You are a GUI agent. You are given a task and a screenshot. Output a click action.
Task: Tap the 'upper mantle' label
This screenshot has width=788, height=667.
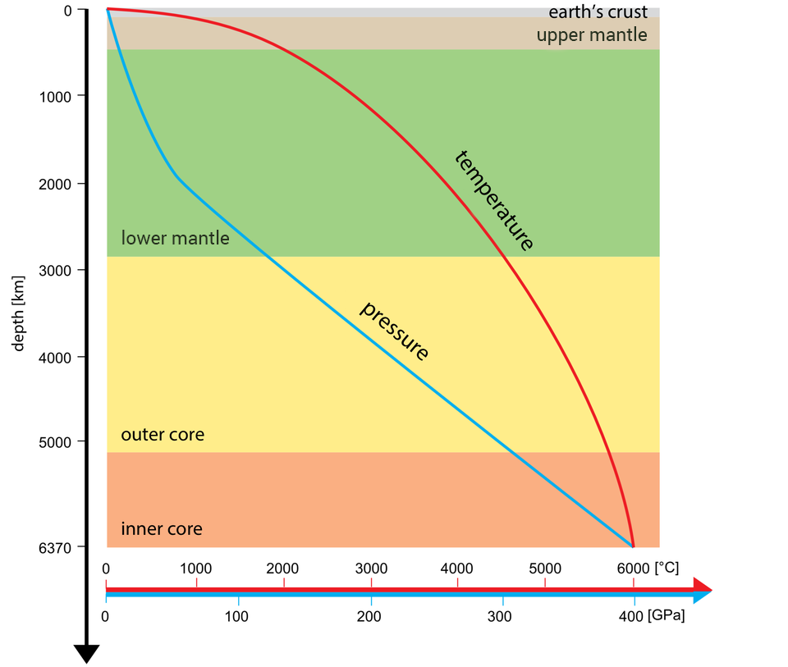pyautogui.click(x=592, y=35)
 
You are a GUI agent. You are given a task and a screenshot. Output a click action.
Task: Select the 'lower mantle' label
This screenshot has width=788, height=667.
pyautogui.click(x=175, y=239)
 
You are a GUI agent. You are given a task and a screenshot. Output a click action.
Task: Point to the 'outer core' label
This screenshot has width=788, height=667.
pyautogui.click(x=163, y=434)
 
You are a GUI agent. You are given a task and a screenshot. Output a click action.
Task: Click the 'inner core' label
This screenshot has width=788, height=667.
pyautogui.click(x=162, y=528)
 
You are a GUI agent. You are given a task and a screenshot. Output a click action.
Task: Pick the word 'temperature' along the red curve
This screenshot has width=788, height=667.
pyautogui.click(x=494, y=200)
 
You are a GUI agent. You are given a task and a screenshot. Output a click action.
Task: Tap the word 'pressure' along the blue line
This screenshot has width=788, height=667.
pyautogui.click(x=395, y=331)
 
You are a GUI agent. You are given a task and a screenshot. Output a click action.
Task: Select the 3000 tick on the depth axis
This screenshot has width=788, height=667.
pyautogui.click(x=60, y=270)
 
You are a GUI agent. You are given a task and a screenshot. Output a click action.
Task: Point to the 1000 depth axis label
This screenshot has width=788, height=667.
pyautogui.click(x=60, y=96)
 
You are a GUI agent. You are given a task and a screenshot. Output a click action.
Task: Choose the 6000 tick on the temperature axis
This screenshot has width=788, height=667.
pyautogui.click(x=633, y=569)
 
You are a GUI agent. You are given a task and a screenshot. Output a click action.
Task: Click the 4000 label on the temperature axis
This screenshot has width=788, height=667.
pyautogui.click(x=457, y=569)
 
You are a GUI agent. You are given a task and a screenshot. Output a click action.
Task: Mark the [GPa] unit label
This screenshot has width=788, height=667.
pyautogui.click(x=666, y=615)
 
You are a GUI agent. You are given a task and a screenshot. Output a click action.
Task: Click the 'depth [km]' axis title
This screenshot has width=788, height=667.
pyautogui.click(x=19, y=313)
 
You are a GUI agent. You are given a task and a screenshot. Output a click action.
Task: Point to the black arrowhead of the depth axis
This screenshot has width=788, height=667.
pyautogui.click(x=86, y=653)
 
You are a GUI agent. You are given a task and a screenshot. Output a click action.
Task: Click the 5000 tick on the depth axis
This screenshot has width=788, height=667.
pyautogui.click(x=60, y=442)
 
